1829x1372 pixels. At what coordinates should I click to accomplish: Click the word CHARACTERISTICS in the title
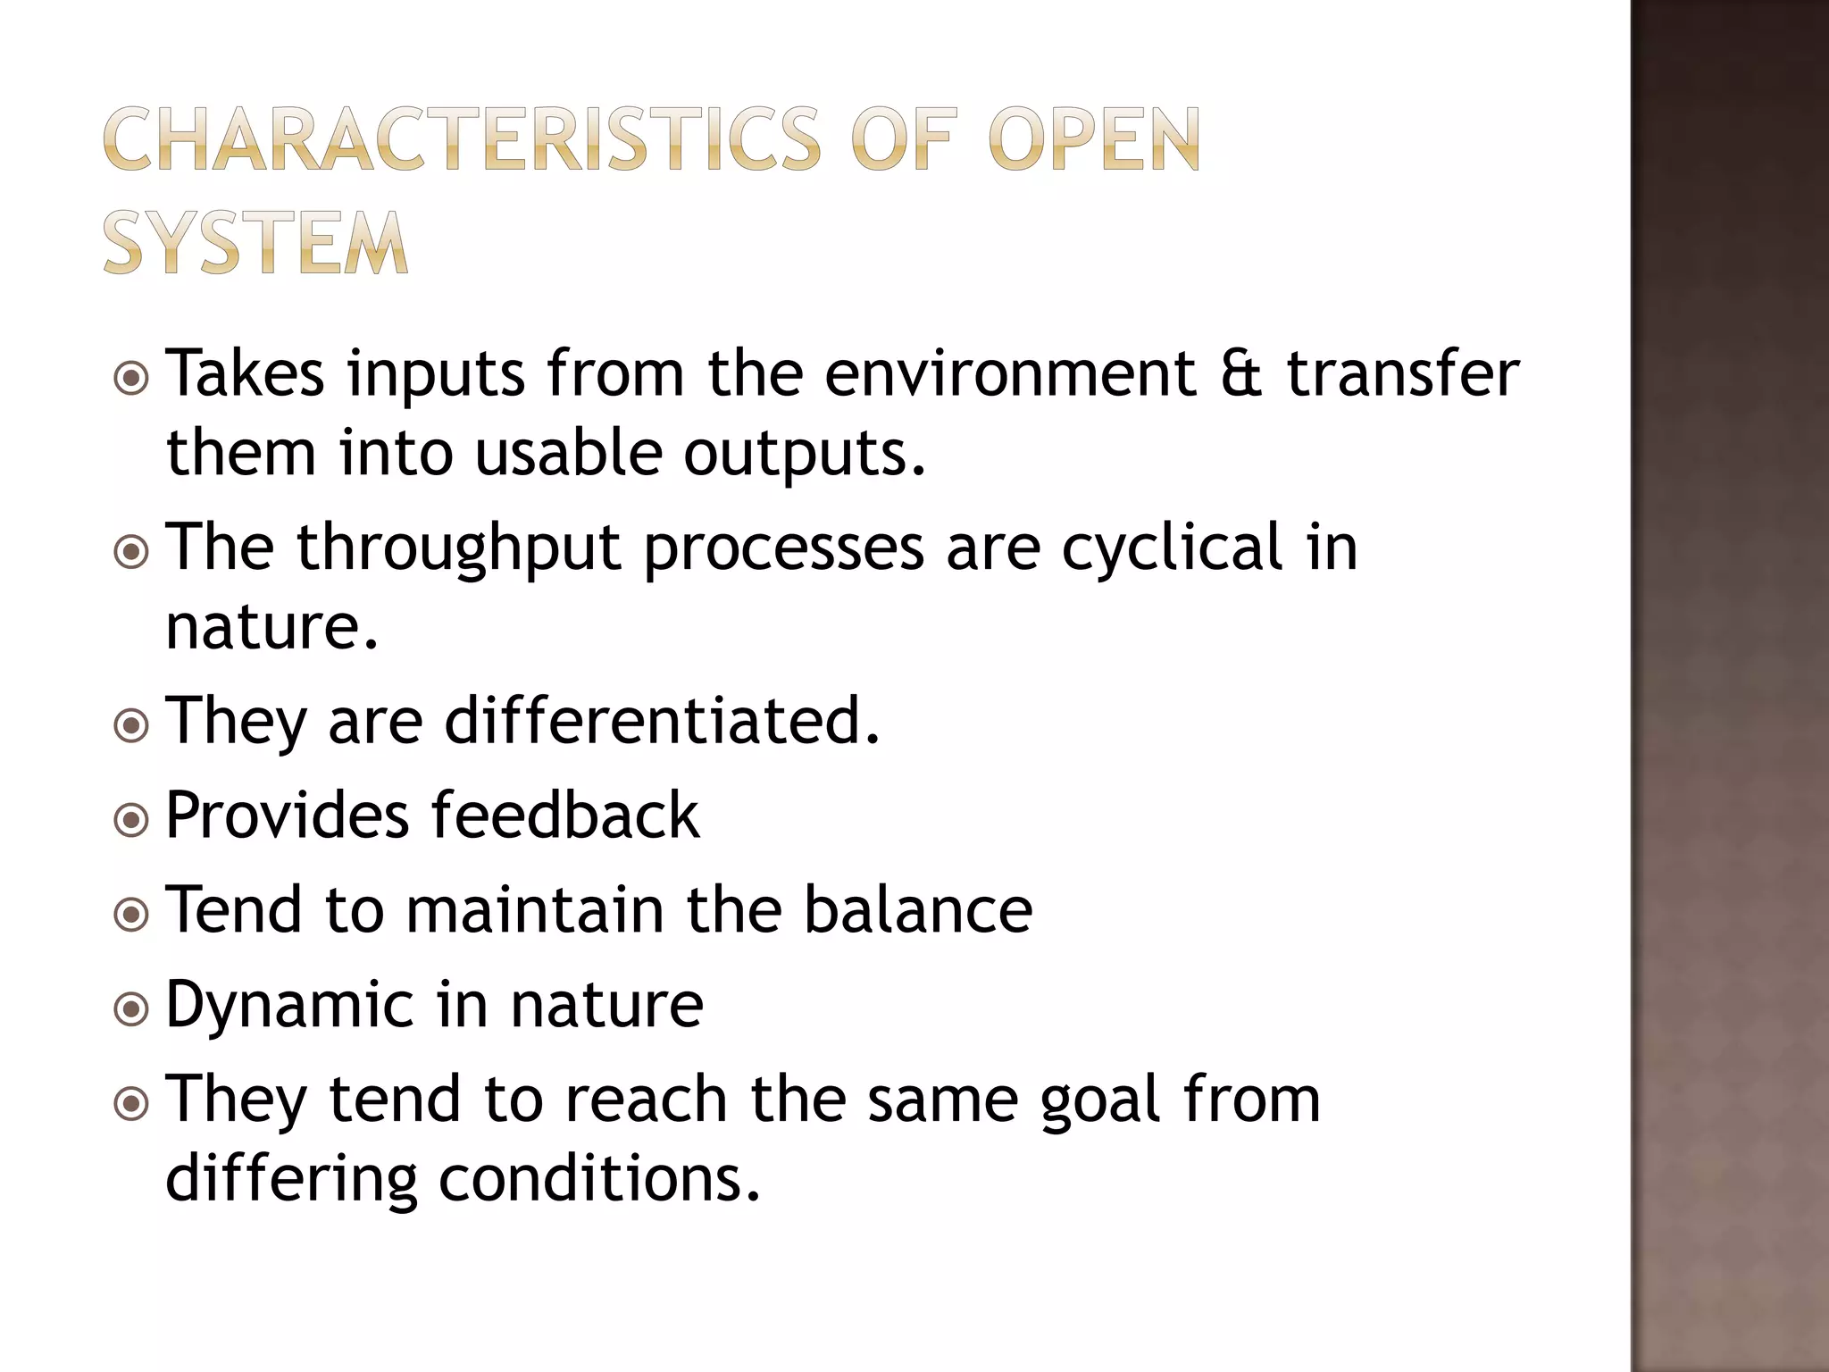tap(461, 139)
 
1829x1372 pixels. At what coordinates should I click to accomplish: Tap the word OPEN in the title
tap(1093, 139)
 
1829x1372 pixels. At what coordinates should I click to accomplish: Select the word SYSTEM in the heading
tap(255, 242)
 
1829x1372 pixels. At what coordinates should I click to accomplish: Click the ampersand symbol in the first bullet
tap(1240, 373)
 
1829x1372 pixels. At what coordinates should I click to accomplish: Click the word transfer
tap(1402, 373)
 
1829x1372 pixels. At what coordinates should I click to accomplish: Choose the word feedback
tap(565, 815)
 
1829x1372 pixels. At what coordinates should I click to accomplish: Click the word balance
tap(917, 909)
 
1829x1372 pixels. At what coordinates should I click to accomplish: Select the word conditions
tap(599, 1179)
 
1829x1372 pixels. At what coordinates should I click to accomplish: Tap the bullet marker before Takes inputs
tap(131, 378)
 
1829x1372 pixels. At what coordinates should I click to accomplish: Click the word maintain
tap(534, 909)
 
